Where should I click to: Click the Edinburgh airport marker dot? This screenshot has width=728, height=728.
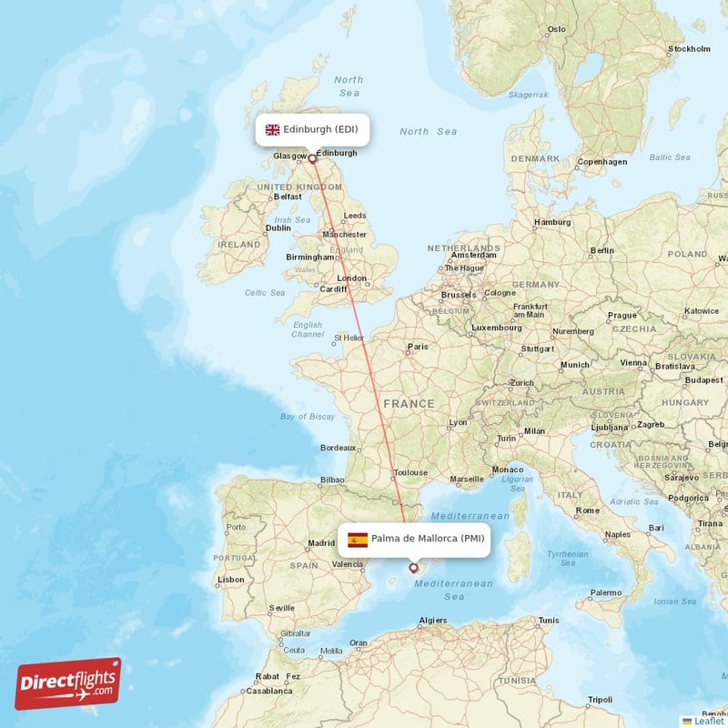[x=312, y=158]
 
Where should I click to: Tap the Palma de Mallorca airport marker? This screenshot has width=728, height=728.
[x=413, y=567]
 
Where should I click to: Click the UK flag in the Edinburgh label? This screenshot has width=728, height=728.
[x=272, y=129]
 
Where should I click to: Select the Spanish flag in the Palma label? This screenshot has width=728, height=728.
[x=358, y=540]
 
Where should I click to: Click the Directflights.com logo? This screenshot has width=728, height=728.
[x=68, y=683]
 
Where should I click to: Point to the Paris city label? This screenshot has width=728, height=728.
[x=418, y=347]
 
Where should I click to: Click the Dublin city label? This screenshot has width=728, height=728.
[x=278, y=228]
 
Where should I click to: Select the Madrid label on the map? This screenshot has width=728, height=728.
[x=321, y=543]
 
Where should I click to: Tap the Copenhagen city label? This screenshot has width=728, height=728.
[x=602, y=162]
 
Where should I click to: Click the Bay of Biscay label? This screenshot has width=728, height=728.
[x=308, y=416]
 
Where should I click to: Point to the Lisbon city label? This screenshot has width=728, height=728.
[x=230, y=579]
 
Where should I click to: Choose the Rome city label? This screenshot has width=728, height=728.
[x=586, y=511]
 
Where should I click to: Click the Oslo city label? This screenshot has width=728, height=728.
[x=556, y=29]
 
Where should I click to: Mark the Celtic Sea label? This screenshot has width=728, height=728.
[x=265, y=293]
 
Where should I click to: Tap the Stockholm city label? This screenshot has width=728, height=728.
[x=688, y=49]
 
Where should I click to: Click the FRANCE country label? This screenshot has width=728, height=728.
[x=409, y=403]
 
